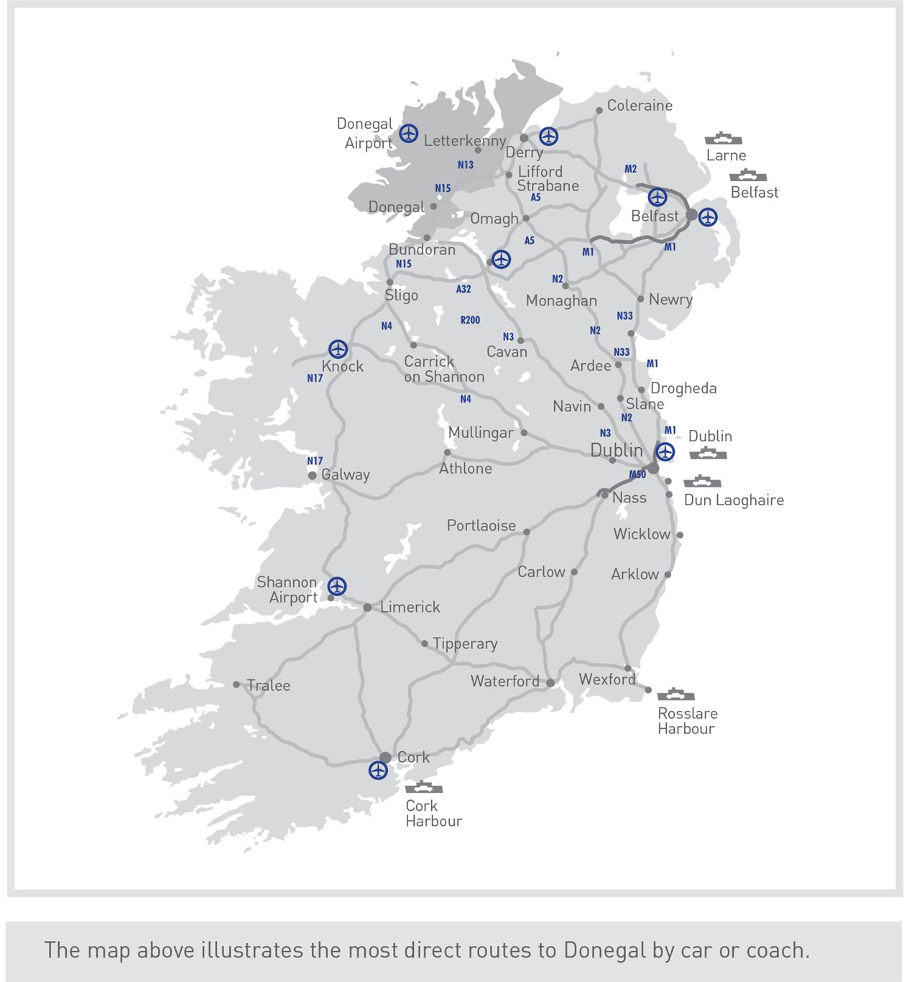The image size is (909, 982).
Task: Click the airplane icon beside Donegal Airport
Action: [408, 133]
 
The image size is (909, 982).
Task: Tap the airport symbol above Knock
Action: [338, 349]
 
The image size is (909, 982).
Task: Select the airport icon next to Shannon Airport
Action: [336, 586]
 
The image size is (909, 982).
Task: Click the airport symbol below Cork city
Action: [378, 770]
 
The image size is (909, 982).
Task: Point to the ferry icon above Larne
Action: [723, 138]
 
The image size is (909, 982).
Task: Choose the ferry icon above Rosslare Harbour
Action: [675, 694]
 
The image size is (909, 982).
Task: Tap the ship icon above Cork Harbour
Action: [423, 786]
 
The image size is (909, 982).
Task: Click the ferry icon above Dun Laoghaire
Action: [702, 481]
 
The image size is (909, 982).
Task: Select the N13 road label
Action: [466, 165]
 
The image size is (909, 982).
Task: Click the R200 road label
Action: [470, 320]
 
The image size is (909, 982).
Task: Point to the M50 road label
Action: [637, 474]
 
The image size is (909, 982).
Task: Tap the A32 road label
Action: [463, 289]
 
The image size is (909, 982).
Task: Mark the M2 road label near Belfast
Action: [630, 169]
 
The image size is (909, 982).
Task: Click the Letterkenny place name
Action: [464, 141]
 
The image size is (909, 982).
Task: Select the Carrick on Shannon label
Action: [443, 369]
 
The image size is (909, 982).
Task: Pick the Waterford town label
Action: [504, 681]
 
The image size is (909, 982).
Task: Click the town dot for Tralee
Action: [236, 684]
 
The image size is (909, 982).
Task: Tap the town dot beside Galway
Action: [312, 475]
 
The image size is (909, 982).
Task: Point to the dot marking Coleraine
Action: [599, 111]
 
